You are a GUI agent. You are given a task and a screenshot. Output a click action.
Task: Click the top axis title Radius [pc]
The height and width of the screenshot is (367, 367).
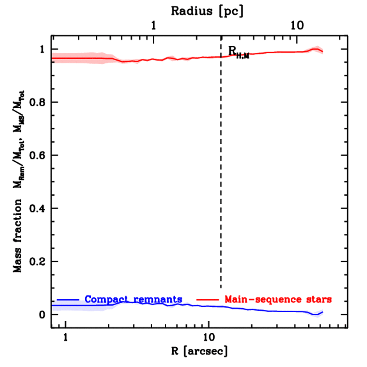click(x=207, y=11)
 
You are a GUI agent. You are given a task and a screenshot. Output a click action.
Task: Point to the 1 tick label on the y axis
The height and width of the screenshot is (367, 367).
click(x=43, y=49)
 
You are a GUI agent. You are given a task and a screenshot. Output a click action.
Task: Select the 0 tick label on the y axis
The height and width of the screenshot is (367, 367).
click(x=43, y=315)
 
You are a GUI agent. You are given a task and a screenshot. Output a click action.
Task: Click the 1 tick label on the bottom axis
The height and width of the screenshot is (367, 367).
click(x=66, y=337)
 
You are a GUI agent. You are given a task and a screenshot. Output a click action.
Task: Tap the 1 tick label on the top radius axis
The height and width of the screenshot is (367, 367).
click(x=154, y=26)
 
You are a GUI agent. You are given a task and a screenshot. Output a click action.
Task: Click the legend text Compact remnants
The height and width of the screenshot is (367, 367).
click(x=133, y=299)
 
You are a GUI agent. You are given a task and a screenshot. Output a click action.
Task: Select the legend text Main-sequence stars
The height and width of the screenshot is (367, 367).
click(x=278, y=299)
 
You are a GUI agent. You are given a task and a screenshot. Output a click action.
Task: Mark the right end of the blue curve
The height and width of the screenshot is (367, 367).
click(x=323, y=312)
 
